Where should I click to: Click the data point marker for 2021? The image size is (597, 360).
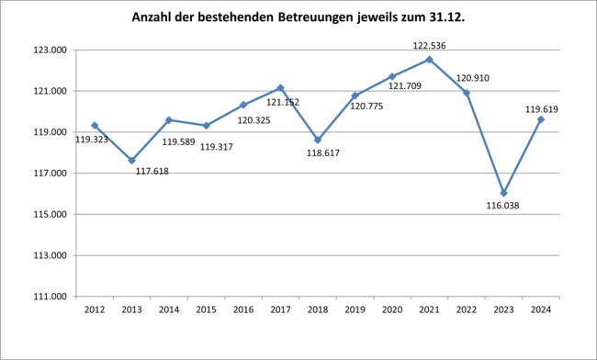point(429,60)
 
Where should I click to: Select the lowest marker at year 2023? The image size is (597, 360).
point(503,193)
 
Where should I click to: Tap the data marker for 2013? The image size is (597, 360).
point(131,160)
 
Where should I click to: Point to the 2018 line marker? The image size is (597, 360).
point(318,140)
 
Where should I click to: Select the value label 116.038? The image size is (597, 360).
point(503,207)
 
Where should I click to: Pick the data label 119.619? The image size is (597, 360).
point(542,109)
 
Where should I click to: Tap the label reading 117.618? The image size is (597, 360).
point(152,171)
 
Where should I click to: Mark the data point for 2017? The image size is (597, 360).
point(280,88)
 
